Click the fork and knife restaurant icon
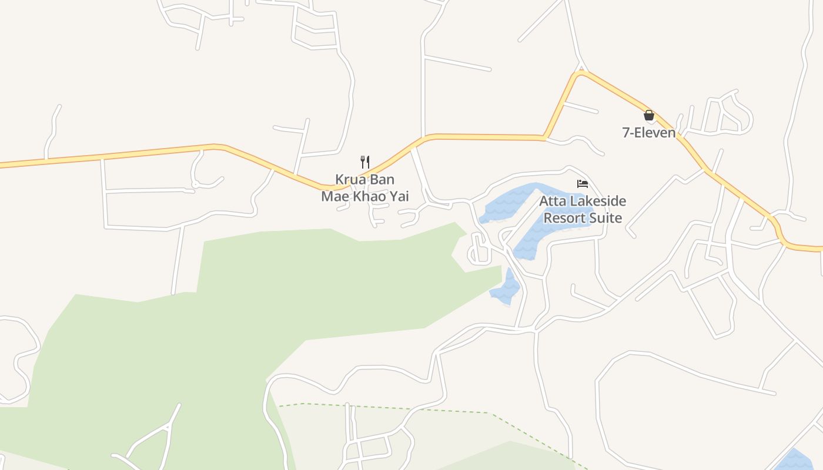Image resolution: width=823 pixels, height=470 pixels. (365, 162)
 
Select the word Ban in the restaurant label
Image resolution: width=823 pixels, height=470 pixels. (382, 179)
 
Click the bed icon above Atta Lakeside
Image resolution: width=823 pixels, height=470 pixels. (583, 184)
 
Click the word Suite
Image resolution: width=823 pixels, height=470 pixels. (606, 218)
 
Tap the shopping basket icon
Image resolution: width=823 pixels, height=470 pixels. (649, 115)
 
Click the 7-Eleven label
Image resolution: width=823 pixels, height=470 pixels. (649, 132)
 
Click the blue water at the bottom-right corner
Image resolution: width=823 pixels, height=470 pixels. (795, 461)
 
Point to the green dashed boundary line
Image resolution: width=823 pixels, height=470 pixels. (411, 409)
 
